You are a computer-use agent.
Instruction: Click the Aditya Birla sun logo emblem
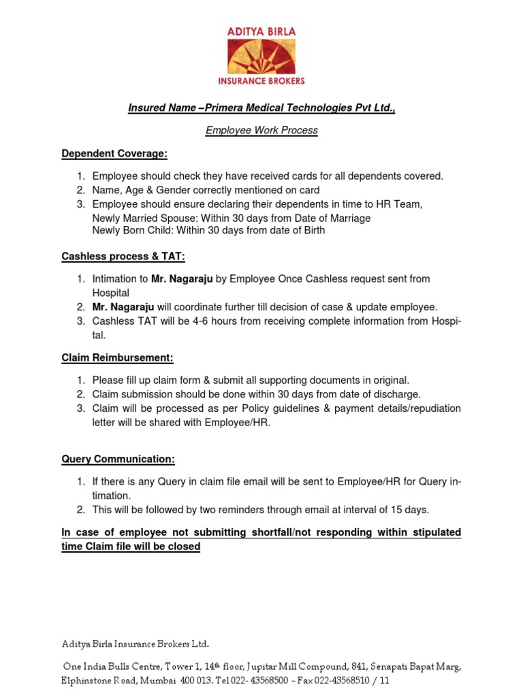tap(261, 56)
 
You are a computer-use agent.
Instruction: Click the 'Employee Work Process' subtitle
tap(261, 130)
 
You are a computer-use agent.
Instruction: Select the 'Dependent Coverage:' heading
tap(114, 154)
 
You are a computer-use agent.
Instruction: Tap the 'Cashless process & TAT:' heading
tap(123, 257)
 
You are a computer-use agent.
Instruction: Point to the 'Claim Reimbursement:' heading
tap(117, 358)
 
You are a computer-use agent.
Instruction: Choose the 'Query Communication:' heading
tap(118, 459)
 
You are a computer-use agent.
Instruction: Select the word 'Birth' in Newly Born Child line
tap(311, 230)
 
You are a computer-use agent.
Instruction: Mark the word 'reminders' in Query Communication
tap(236, 510)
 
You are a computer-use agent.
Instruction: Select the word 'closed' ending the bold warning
tap(184, 547)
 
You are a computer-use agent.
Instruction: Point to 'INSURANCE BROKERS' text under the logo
tap(261, 80)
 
